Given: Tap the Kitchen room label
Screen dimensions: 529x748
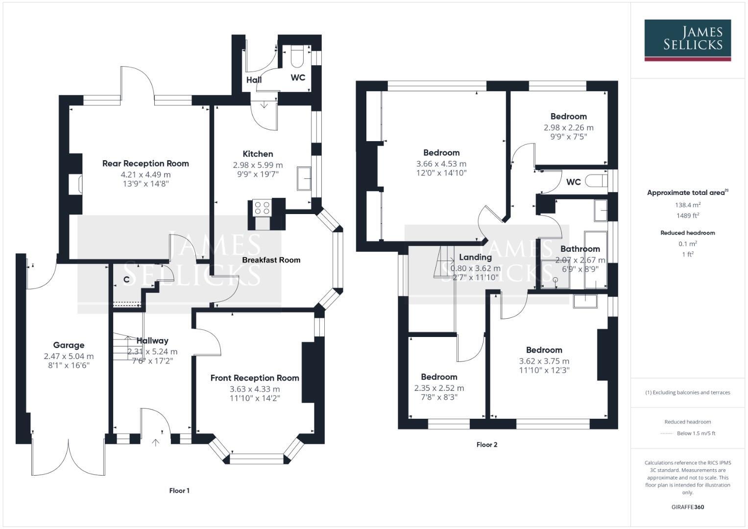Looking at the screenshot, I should pos(258,154).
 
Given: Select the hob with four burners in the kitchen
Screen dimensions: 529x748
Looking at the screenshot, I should pos(262,208).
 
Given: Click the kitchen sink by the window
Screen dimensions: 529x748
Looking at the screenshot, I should pos(304,179).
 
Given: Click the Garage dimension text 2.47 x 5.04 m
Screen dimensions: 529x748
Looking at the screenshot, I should pos(69,356).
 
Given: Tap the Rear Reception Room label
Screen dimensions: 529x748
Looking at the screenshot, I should pos(145,164).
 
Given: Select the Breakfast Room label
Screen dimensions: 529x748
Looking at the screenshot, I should pos(271,260).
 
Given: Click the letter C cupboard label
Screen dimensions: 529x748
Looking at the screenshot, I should pos(126,280).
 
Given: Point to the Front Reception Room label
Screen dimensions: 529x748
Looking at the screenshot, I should pos(255,378).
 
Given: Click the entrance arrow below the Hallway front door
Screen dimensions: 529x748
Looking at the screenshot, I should pos(156,443).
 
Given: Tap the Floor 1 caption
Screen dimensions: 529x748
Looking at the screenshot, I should pos(179,490).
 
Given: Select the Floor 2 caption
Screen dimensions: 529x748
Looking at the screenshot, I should pos(487,445).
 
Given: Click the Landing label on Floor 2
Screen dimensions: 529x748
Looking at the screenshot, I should pos(475,257).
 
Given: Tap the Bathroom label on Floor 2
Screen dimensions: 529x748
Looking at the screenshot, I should pos(580,249).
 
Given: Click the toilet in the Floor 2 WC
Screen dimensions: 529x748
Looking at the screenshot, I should pos(597,181).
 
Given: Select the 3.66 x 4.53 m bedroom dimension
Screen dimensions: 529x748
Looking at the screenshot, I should pos(441,164).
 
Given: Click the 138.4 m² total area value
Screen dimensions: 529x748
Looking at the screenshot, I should pos(688,205).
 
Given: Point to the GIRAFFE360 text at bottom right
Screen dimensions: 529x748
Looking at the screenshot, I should pos(688,507).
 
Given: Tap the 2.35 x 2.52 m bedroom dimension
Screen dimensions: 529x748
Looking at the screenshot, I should pos(439,388).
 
